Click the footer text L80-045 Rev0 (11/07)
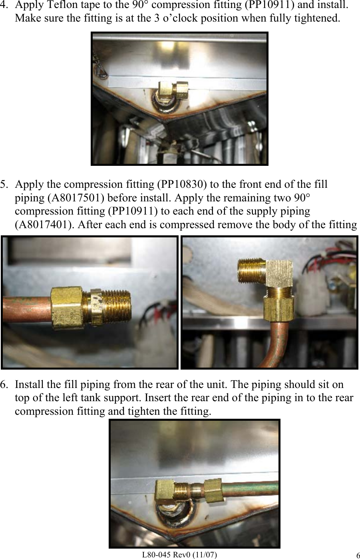tap(180, 554)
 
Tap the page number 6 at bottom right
tap(357, 555)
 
